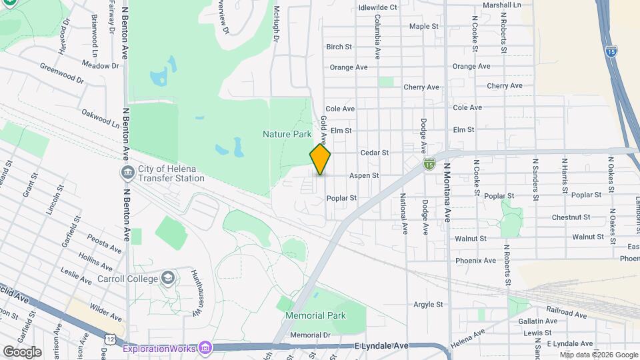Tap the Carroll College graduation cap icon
169,277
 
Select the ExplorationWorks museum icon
205,348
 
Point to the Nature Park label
287,134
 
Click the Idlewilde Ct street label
377,7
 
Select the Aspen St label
365,176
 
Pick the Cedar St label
374,153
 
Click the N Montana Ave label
447,193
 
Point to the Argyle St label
428,305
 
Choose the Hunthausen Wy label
195,294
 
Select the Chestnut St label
571,217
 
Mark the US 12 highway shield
110,339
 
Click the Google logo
22,351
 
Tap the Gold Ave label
323,131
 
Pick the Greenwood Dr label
62,73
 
